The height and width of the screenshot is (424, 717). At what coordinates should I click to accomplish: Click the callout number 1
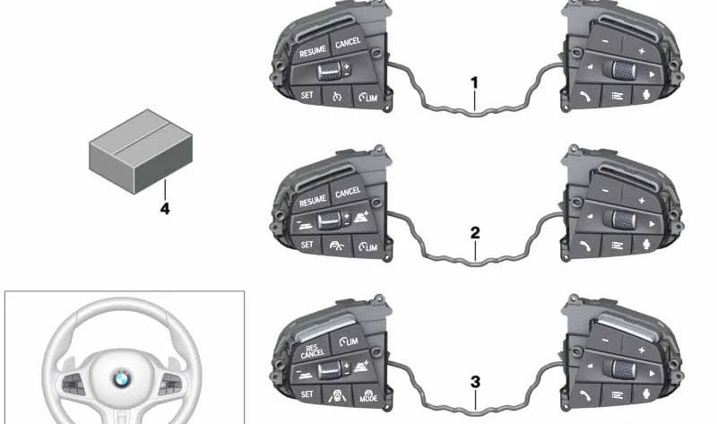[475, 82]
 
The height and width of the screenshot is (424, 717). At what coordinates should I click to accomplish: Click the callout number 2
[475, 233]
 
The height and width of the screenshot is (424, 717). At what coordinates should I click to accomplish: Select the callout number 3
[476, 383]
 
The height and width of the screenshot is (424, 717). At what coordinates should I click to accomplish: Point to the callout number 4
[165, 209]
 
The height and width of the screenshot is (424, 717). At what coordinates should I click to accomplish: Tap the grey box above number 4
[141, 151]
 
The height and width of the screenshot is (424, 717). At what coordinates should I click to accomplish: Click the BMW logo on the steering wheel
[122, 378]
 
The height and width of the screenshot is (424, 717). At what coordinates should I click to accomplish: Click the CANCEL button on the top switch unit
[349, 42]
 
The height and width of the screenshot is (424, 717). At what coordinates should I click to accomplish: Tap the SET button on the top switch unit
[307, 95]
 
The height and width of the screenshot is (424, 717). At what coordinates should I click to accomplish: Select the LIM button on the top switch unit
[368, 97]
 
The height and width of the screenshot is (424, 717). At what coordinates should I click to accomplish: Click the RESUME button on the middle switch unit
[312, 200]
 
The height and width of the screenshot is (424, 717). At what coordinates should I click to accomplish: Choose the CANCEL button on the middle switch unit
[348, 192]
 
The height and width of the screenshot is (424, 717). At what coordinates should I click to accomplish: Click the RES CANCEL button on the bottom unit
[312, 350]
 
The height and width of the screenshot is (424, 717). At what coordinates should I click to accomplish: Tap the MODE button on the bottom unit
[368, 396]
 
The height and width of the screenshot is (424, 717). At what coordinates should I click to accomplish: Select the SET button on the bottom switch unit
[307, 394]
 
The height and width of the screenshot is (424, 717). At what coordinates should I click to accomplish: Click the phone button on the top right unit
[586, 96]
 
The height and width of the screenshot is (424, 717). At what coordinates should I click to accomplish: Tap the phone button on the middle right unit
[586, 247]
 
